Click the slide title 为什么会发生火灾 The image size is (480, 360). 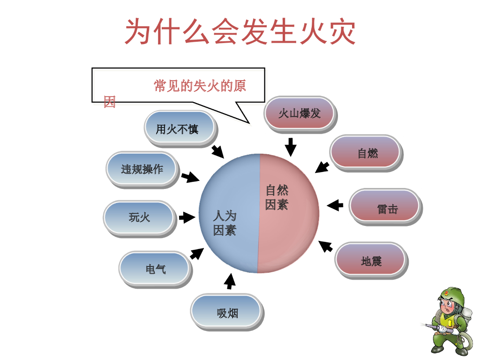tap(240, 32)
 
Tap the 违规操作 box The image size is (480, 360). tap(142, 169)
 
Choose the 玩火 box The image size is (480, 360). tap(139, 217)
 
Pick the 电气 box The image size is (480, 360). tap(155, 269)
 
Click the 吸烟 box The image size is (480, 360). tap(226, 312)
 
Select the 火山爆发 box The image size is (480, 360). tap(300, 113)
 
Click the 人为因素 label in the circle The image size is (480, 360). tap(225, 223)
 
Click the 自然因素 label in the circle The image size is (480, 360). tap(277, 197)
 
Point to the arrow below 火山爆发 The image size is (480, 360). tap(291, 147)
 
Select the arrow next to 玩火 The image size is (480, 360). tap(187, 217)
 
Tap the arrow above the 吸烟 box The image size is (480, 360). tap(230, 281)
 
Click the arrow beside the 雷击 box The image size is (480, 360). tap(335, 205)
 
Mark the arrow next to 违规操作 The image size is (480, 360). tap(190, 177)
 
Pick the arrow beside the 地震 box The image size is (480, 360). tap(325, 246)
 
